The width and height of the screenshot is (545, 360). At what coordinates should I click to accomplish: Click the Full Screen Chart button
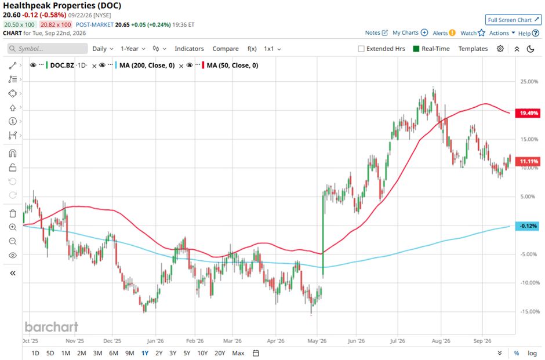click(x=513, y=20)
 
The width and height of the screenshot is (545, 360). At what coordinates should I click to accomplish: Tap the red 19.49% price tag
click(x=528, y=113)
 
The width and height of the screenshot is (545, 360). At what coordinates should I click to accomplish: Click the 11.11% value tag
click(x=528, y=161)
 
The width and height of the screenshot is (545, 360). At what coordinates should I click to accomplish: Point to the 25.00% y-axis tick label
click(x=529, y=82)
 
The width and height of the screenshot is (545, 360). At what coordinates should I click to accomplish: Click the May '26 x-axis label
click(x=317, y=341)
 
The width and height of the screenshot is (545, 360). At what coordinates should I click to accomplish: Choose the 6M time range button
click(x=114, y=353)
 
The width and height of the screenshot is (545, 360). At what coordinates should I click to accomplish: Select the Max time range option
click(x=238, y=353)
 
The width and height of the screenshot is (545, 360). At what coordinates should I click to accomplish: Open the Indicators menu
click(x=189, y=49)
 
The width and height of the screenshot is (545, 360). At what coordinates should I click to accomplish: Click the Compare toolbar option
click(x=226, y=49)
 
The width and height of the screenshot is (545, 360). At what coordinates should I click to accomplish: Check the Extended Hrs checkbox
click(x=361, y=49)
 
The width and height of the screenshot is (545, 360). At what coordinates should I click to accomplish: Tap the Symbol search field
click(x=48, y=49)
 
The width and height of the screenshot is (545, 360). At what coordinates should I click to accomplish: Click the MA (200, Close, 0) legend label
click(x=147, y=66)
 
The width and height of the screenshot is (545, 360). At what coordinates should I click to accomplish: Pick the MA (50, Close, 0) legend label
click(x=232, y=66)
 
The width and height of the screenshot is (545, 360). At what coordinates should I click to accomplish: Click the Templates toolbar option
click(x=473, y=49)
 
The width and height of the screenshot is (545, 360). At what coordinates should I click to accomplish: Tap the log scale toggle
click(x=532, y=353)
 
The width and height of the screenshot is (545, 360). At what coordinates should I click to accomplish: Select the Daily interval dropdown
click(x=103, y=49)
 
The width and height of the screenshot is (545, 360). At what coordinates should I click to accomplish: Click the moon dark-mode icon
click(x=531, y=49)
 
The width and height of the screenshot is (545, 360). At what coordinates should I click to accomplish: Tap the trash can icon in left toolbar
click(x=13, y=213)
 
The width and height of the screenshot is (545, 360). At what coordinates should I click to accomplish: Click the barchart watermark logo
click(x=52, y=326)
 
